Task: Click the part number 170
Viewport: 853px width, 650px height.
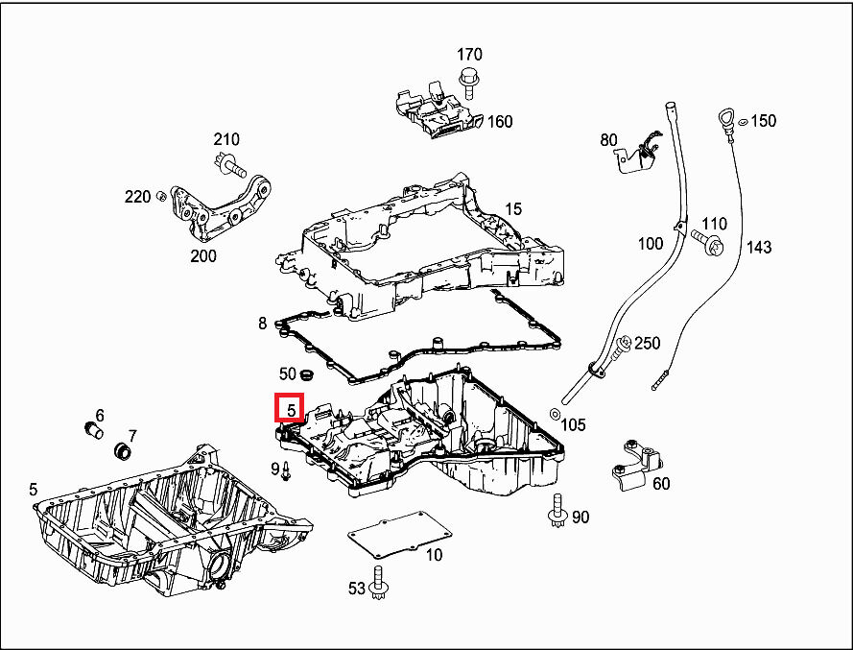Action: [x=469, y=55]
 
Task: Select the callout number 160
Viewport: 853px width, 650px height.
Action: [x=500, y=122]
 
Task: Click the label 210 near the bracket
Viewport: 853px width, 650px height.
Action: [x=226, y=140]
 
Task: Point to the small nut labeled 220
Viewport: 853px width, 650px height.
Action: [x=161, y=197]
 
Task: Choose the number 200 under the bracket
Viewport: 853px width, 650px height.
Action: [x=203, y=256]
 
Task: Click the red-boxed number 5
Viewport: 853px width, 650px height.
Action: [x=290, y=409]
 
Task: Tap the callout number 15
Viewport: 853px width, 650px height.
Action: [x=513, y=208]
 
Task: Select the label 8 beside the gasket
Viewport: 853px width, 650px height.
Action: [x=263, y=325]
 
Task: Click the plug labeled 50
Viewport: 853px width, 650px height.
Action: [x=308, y=373]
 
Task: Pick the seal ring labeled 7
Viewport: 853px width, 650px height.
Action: [x=123, y=450]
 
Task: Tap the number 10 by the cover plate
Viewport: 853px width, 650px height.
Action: [x=434, y=554]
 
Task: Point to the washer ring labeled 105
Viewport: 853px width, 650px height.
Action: [x=556, y=413]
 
